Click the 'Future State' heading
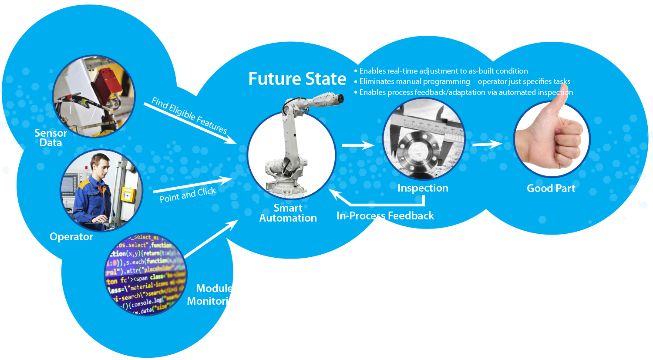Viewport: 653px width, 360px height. point(297,79)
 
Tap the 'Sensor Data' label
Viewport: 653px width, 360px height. point(50,138)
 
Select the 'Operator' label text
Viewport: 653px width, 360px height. point(71,237)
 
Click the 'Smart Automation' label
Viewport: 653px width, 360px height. point(288,213)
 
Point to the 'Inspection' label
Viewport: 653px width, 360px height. point(423,188)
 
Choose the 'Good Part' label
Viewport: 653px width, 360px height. point(551,188)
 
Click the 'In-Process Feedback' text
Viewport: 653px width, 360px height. point(385,216)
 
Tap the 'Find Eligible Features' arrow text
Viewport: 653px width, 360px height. point(189,115)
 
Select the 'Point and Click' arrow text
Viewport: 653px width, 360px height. point(188,195)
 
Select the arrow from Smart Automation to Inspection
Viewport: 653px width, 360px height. point(357,145)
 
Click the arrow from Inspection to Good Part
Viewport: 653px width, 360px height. point(487,144)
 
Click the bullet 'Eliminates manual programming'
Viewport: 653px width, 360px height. point(465,82)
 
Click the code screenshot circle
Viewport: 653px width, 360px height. point(146,274)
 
